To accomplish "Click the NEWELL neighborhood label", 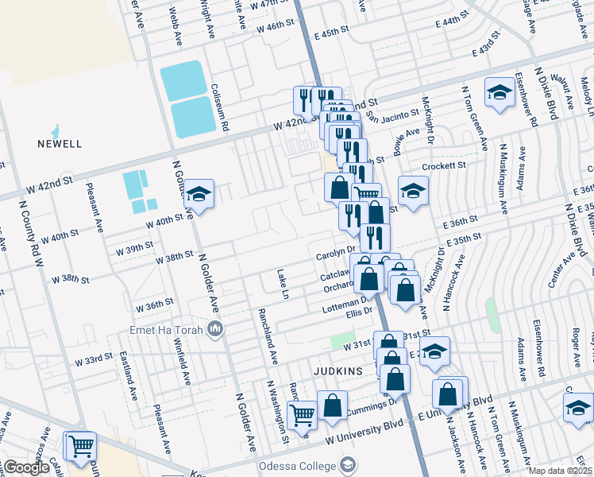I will point(60,144).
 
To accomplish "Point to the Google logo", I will point(25,467).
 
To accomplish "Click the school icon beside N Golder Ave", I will point(199,193).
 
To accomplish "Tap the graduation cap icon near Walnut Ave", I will point(499,93).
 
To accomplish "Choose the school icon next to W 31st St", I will point(434,351).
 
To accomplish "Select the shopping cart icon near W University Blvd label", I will point(302,415).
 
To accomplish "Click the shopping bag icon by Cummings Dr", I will point(332,405).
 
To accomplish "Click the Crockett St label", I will point(444,165).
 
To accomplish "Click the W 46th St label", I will point(271,26).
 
